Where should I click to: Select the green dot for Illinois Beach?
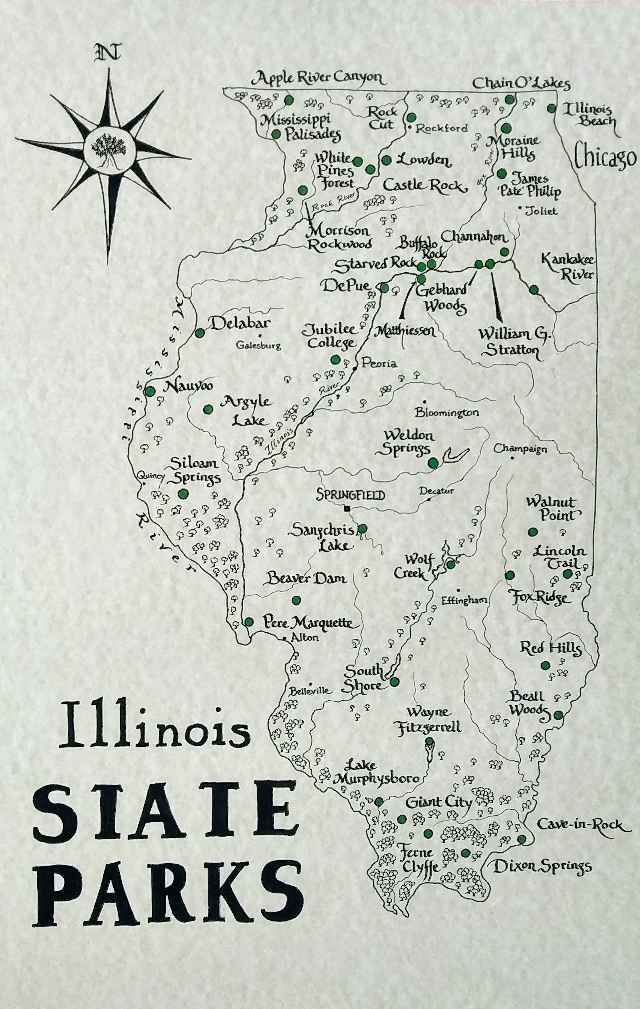pyautogui.click(x=552, y=108)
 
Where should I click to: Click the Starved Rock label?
pyautogui.click(x=376, y=265)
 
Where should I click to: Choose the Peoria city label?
pyautogui.click(x=379, y=363)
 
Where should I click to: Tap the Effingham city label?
pyautogui.click(x=465, y=600)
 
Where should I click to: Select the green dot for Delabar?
pyautogui.click(x=199, y=333)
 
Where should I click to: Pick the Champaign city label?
pyautogui.click(x=520, y=449)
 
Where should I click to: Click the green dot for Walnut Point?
pyautogui.click(x=533, y=532)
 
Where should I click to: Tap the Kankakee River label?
pyautogui.click(x=567, y=267)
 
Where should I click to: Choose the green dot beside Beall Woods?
pyautogui.click(x=558, y=715)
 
